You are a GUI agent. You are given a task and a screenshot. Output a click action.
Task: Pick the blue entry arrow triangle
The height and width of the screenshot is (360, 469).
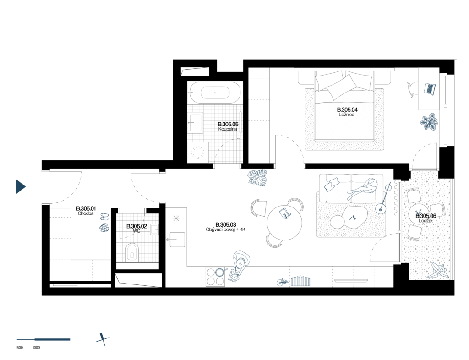[21, 186]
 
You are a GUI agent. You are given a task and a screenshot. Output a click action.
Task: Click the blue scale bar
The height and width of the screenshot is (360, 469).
[44, 339]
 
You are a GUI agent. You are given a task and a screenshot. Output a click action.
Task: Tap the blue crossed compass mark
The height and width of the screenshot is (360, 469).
[103, 339]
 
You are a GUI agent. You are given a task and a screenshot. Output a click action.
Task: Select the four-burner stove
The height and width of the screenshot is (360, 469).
[215, 277]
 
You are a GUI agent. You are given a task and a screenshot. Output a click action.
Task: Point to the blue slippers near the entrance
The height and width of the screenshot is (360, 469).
[104, 222]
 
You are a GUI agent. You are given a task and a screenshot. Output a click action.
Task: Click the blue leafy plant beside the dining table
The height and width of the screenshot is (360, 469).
[257, 178]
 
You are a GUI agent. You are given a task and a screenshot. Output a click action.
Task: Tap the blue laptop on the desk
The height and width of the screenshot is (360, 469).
[430, 88]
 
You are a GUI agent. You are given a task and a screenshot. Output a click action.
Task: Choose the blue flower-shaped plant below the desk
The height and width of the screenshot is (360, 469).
[429, 122]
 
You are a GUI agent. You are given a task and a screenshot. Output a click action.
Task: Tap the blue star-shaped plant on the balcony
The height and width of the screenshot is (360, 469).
[438, 271]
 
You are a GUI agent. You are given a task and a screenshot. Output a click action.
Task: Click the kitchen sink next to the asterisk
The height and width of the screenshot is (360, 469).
[177, 239]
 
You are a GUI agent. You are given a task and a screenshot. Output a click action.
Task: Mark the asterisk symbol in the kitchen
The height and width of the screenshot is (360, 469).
[176, 218]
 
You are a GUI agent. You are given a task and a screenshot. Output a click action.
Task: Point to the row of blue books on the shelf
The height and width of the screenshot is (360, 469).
[300, 281]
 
